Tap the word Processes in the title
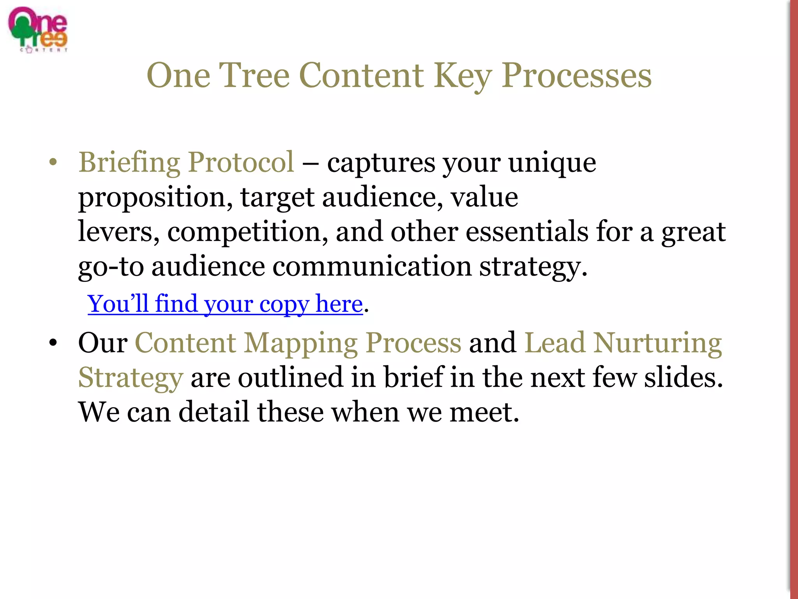[576, 76]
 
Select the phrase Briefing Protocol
[186, 162]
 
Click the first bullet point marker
[53, 162]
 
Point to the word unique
[552, 163]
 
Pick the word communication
[372, 267]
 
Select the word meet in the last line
[484, 413]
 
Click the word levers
[118, 232]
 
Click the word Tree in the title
[254, 76]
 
